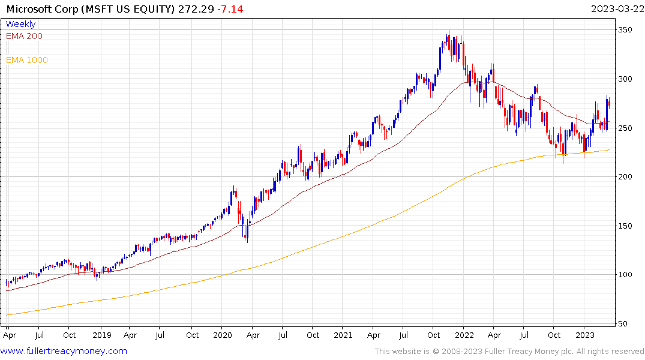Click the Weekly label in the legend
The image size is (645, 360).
(20, 24)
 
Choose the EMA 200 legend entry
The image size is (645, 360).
(24, 36)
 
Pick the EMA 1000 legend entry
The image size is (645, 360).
(26, 60)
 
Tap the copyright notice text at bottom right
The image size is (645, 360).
(509, 352)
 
